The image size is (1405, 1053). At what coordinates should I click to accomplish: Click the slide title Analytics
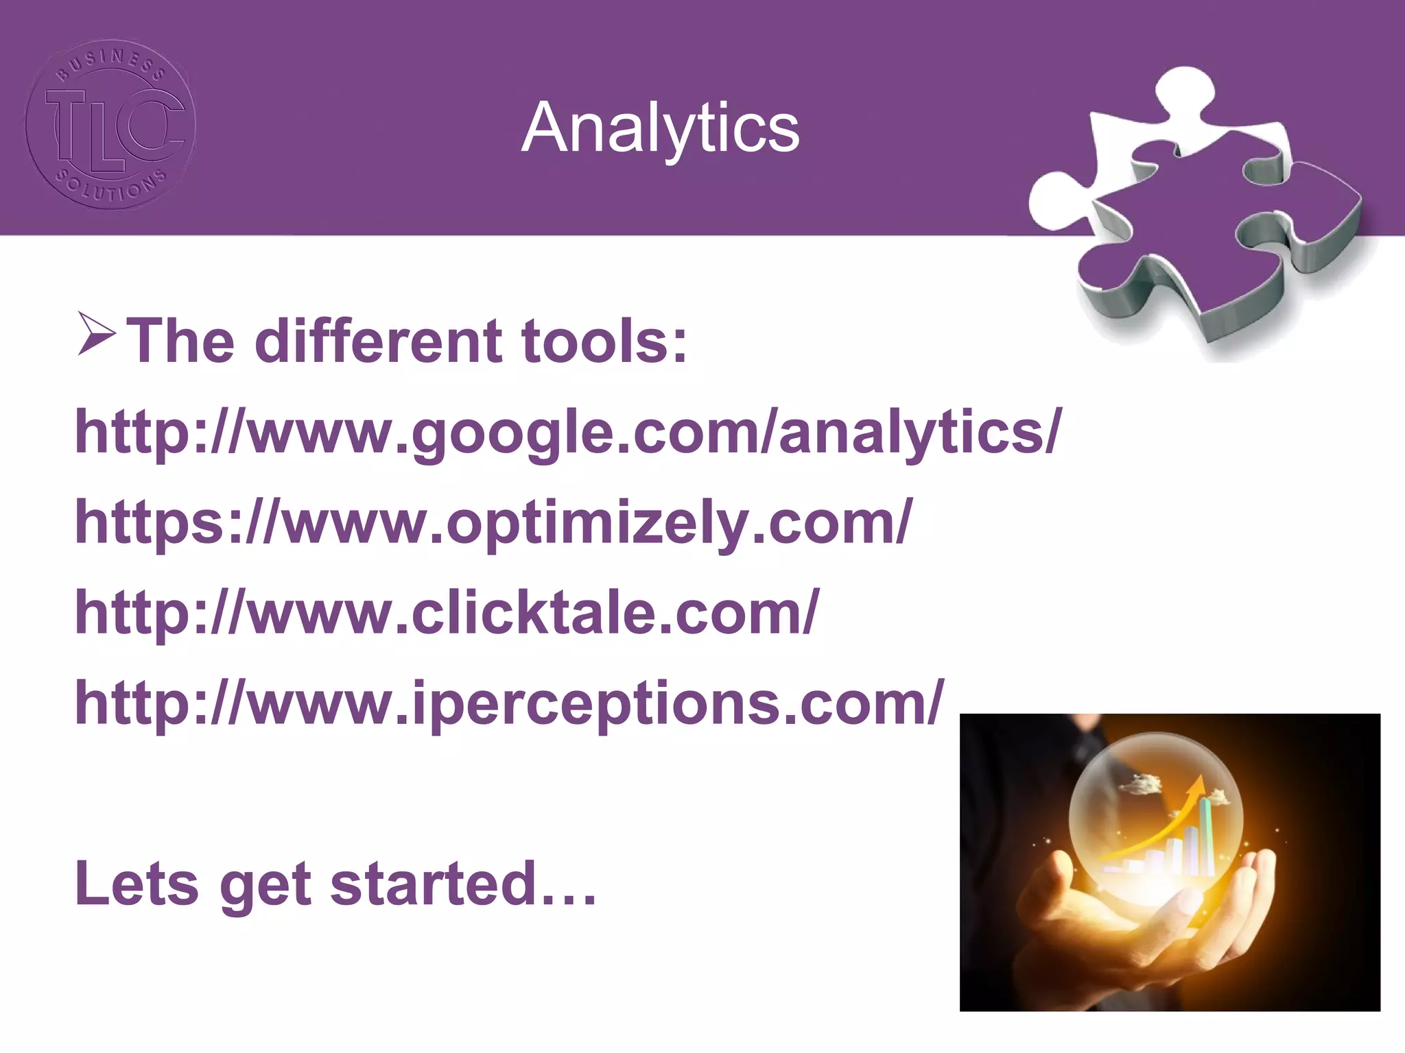[660, 128]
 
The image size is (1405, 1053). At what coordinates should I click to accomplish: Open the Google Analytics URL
[568, 432]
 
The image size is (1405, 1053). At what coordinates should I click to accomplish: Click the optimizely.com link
[494, 522]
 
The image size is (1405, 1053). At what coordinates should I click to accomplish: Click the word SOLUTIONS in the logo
[110, 189]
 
